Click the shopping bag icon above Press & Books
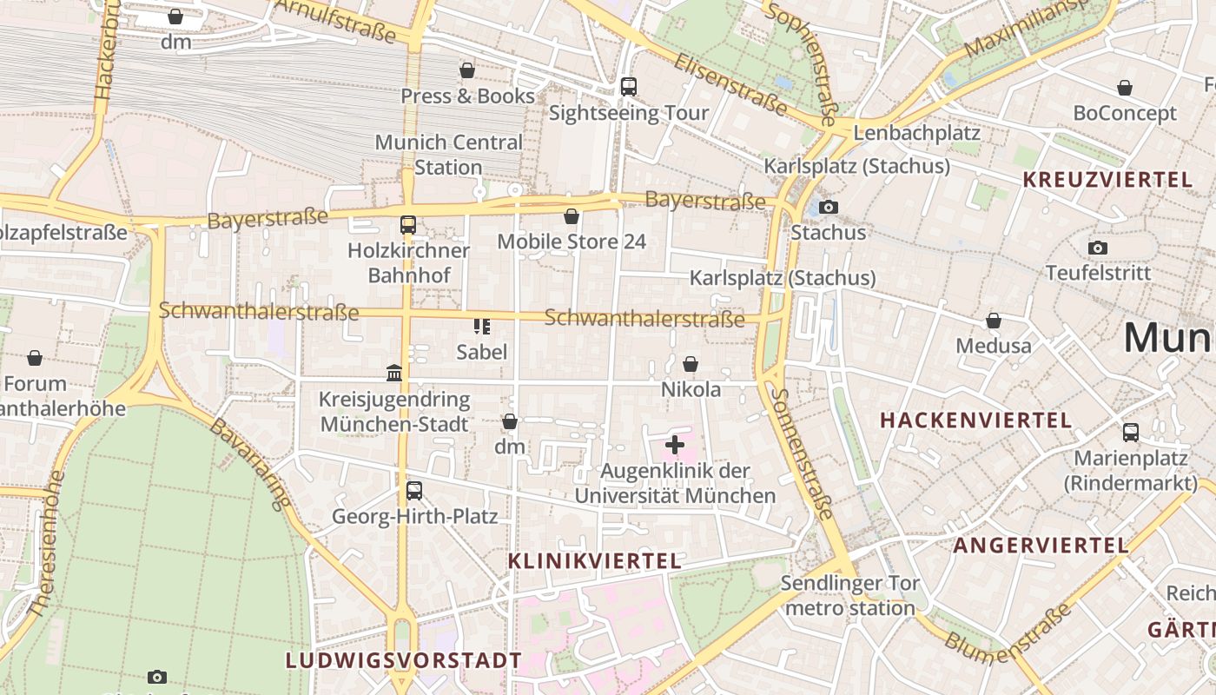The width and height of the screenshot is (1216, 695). [x=467, y=70]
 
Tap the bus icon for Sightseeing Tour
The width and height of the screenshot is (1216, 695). [x=628, y=87]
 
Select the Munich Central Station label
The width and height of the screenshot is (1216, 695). [x=448, y=154]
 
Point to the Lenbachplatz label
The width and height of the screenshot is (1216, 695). [x=916, y=133]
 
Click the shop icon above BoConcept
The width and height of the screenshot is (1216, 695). [x=1125, y=88]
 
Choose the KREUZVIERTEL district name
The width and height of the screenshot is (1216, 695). [x=1107, y=180]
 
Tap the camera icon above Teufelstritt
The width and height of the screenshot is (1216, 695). [x=1098, y=248]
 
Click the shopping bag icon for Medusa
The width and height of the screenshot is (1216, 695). [x=994, y=321]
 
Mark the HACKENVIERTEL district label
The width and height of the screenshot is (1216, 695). [x=975, y=420]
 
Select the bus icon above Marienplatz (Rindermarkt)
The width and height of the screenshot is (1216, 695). [x=1131, y=432]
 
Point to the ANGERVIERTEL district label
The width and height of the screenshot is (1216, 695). [x=1041, y=546]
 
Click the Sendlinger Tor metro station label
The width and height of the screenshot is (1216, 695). [x=849, y=595]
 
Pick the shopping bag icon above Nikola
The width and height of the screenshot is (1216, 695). [x=691, y=364]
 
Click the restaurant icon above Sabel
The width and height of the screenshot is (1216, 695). [x=482, y=327]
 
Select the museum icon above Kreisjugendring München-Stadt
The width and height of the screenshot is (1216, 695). [x=394, y=373]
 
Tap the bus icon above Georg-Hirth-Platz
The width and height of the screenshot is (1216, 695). [x=414, y=490]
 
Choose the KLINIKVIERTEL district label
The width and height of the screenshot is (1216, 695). [x=594, y=560]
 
